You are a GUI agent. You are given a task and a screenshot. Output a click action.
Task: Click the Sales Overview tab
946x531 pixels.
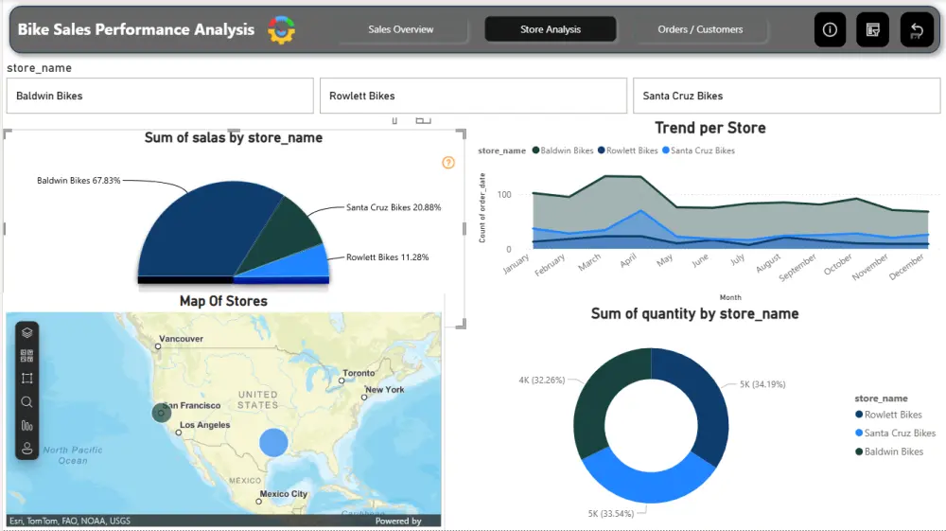tap(400, 29)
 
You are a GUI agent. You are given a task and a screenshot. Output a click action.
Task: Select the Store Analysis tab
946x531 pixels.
tap(551, 29)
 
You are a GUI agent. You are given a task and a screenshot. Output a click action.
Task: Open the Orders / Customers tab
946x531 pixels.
tap(700, 29)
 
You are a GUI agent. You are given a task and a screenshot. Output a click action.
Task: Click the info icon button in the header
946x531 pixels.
tap(830, 29)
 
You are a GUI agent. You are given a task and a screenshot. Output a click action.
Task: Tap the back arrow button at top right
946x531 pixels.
tap(916, 29)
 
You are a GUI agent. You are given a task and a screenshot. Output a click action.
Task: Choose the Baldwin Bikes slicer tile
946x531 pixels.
tap(160, 96)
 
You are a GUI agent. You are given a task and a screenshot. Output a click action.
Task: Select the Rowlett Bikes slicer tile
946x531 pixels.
tap(473, 96)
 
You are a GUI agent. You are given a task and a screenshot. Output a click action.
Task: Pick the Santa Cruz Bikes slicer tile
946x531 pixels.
tap(787, 96)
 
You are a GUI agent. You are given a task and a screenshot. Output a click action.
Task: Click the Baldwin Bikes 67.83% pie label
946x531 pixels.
tap(79, 180)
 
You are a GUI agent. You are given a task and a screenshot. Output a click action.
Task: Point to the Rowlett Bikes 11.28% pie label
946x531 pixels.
tap(387, 257)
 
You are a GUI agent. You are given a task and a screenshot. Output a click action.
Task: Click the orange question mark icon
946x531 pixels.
tap(448, 163)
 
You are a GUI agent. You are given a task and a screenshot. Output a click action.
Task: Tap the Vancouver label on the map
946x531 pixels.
tap(182, 339)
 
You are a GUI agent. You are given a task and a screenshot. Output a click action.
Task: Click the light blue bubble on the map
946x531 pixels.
tap(273, 441)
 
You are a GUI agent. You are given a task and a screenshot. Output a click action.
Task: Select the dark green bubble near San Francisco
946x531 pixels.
tap(162, 412)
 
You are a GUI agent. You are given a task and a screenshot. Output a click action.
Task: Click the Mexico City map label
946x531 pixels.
tap(284, 494)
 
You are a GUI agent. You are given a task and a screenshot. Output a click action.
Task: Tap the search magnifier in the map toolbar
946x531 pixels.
tap(26, 402)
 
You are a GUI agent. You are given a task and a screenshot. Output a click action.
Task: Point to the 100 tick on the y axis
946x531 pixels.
tap(504, 195)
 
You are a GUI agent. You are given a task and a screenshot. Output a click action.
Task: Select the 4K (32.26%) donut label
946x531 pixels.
tap(541, 380)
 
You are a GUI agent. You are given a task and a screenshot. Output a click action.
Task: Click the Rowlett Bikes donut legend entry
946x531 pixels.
tap(893, 415)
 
